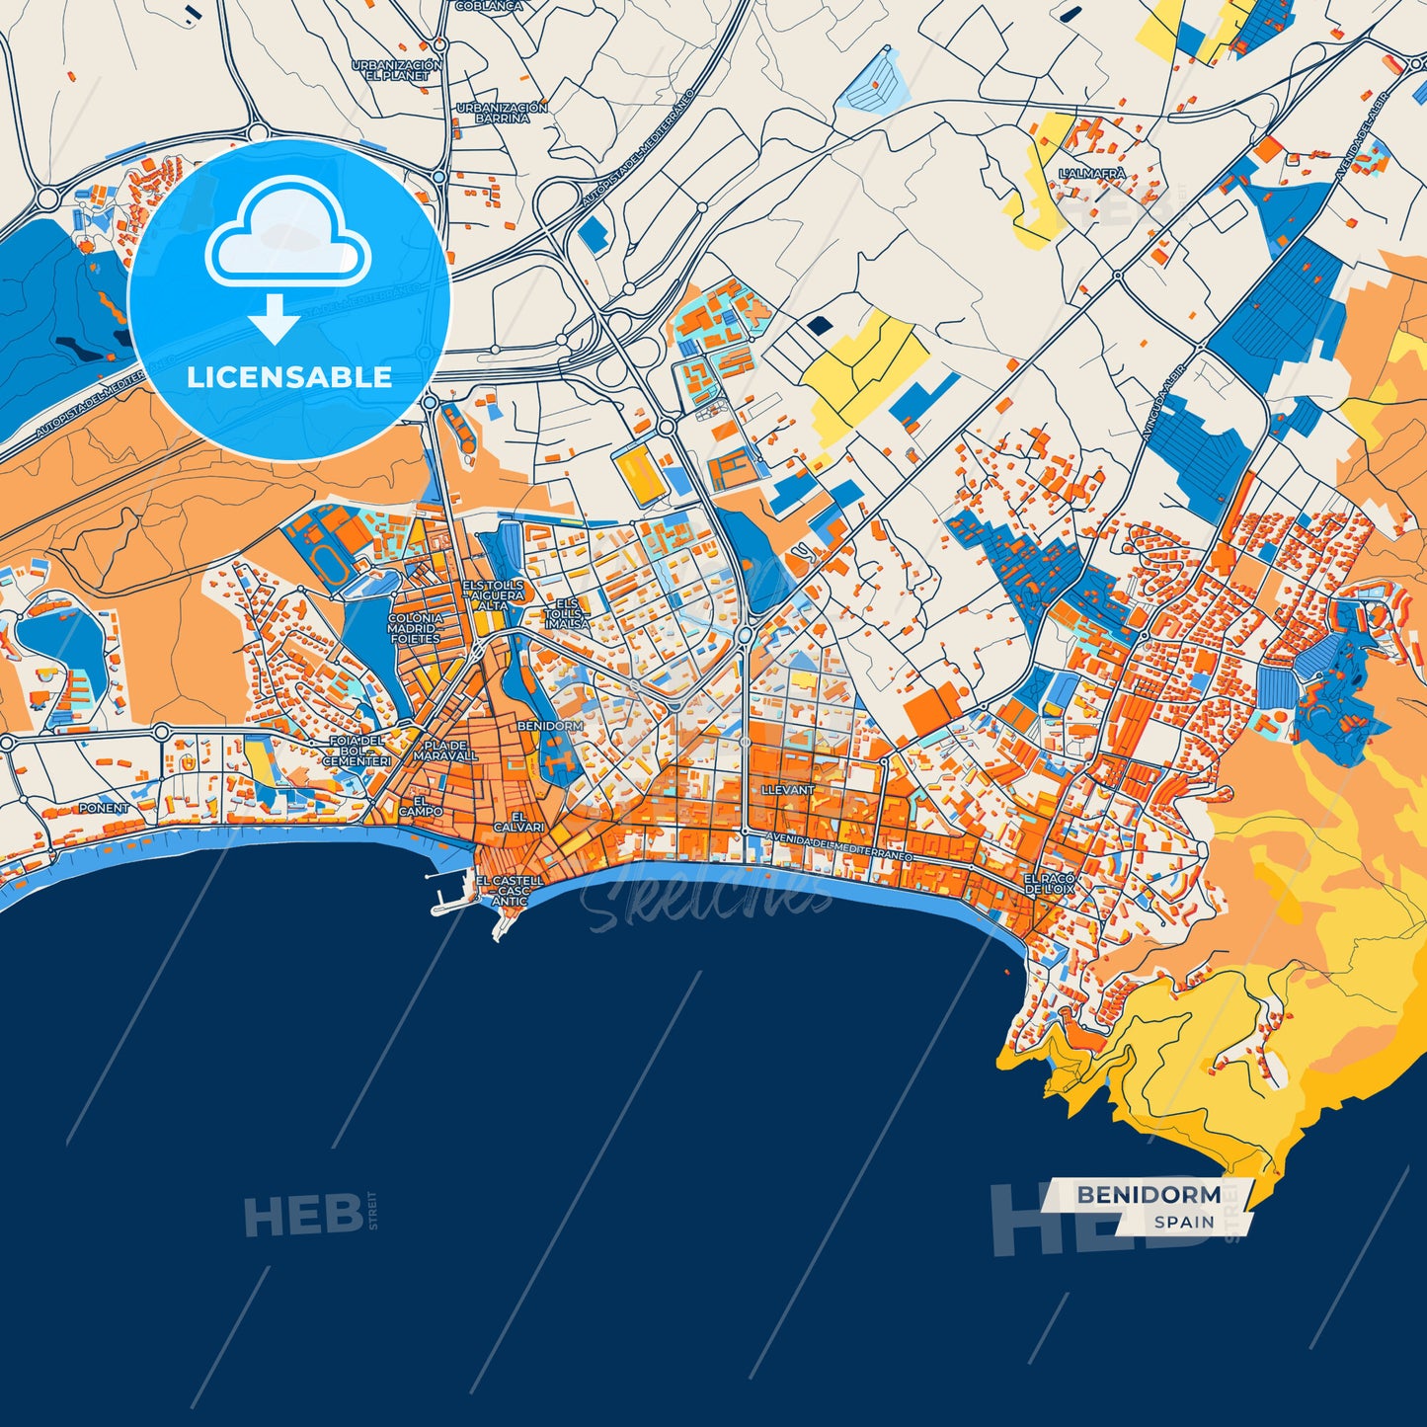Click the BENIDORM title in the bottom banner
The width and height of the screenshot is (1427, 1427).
(x=1149, y=1195)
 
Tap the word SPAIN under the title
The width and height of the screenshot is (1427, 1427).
(x=1184, y=1222)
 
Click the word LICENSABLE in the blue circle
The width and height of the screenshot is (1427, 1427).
(x=289, y=377)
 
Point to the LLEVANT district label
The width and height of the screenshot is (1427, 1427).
(x=788, y=791)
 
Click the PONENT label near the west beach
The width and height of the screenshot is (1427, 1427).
(x=104, y=808)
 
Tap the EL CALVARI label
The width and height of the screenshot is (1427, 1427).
(x=518, y=823)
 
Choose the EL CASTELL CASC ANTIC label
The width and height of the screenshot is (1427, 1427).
(x=510, y=890)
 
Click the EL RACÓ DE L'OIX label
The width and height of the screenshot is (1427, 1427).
(x=1049, y=884)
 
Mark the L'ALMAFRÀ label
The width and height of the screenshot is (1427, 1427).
(x=1092, y=174)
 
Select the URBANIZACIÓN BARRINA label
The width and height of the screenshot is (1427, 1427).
(x=502, y=113)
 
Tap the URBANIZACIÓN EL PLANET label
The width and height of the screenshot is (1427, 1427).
(x=397, y=70)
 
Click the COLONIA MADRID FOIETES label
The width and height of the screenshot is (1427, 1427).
(x=415, y=628)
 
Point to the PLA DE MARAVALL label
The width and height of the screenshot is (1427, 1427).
(x=445, y=751)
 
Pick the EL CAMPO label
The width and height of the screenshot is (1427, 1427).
(x=422, y=806)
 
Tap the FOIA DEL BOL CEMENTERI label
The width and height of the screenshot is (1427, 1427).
(x=357, y=751)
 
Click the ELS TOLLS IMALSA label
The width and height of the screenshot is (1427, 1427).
(x=568, y=613)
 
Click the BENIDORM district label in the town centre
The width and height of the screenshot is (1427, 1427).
(x=550, y=726)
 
